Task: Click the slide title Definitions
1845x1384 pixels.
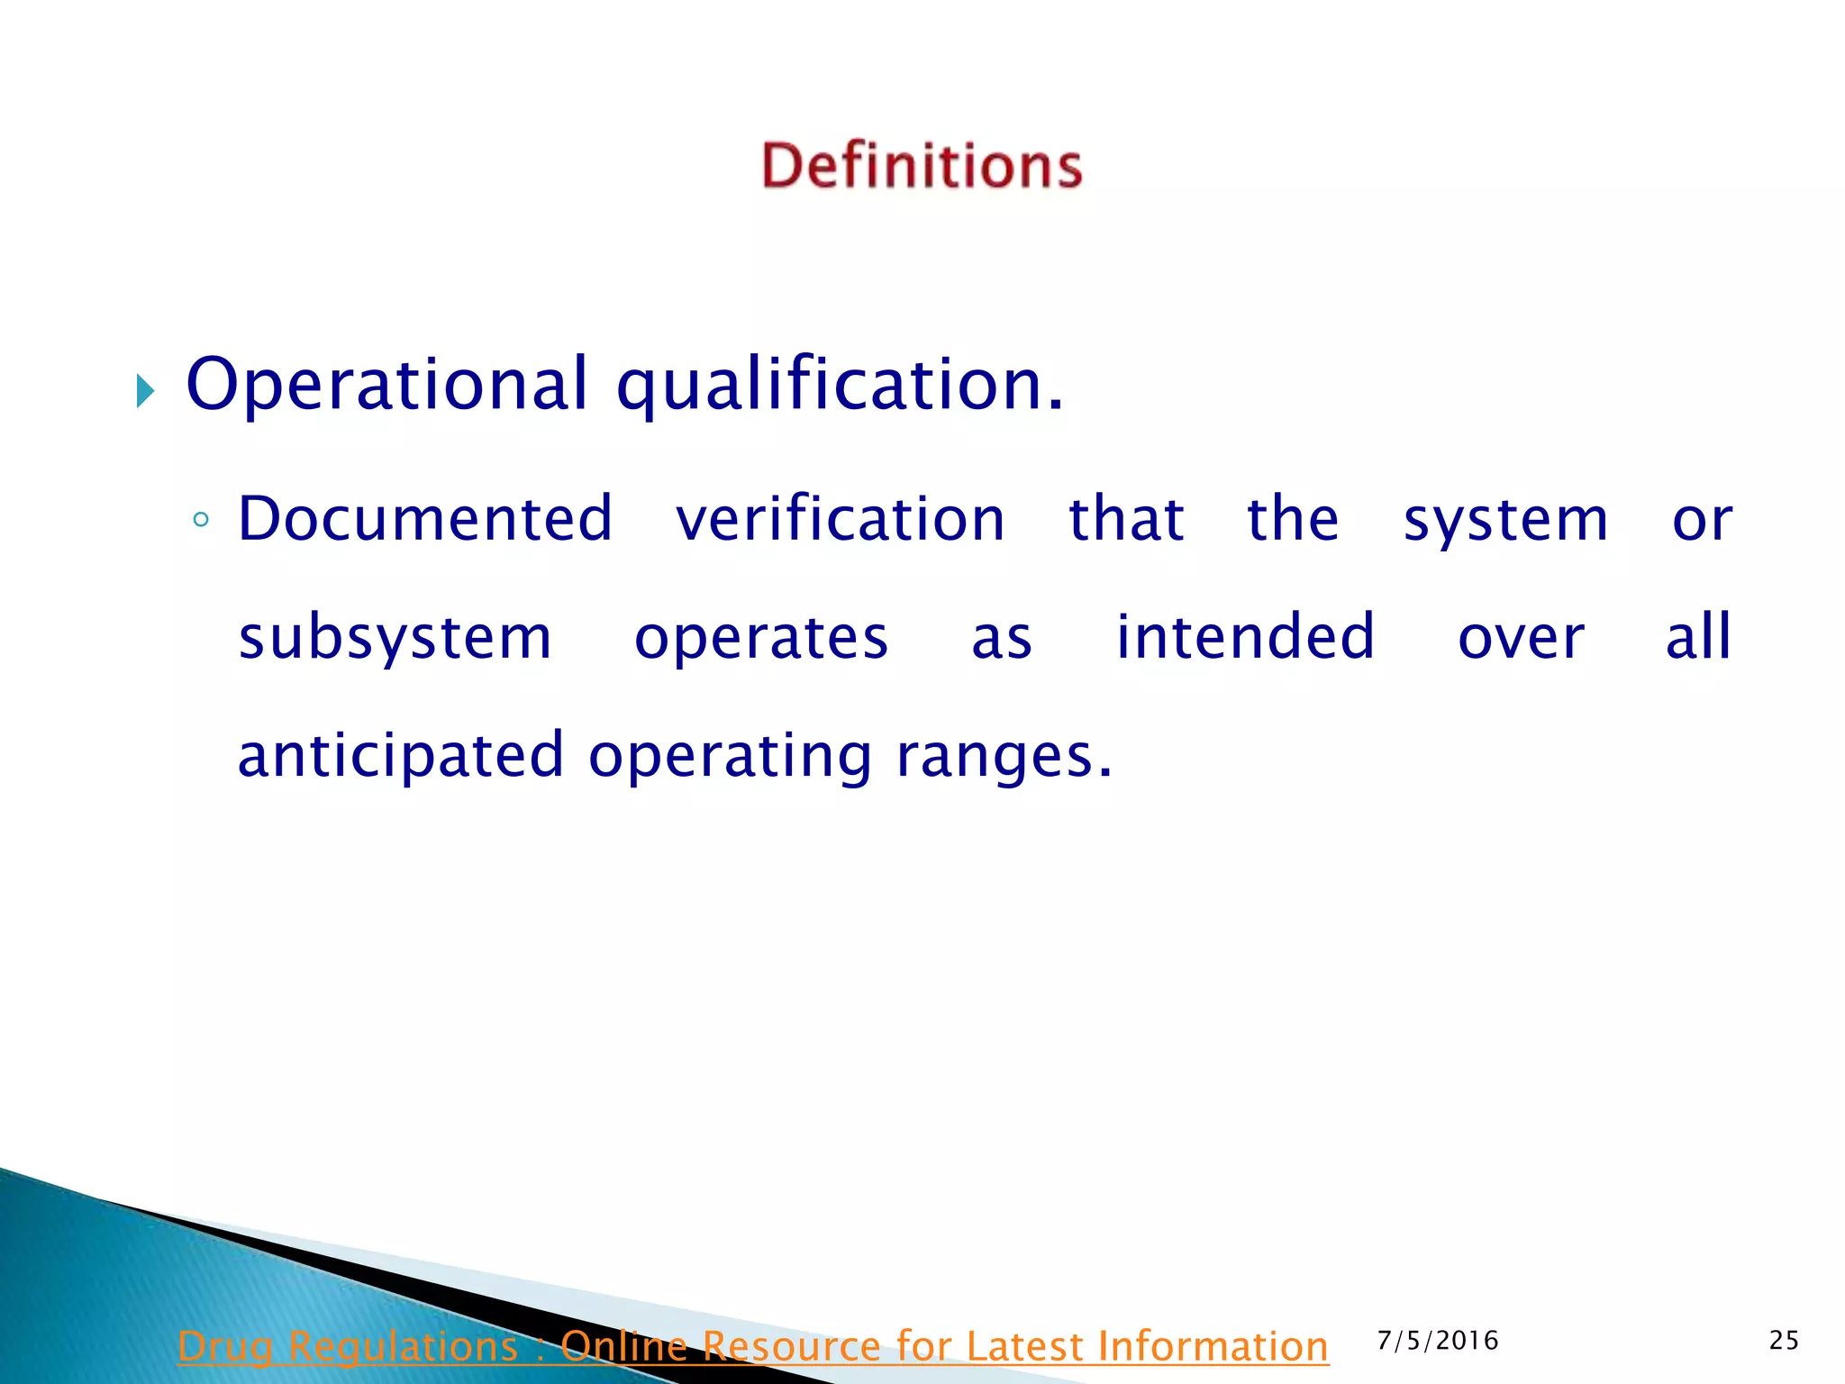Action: (922, 166)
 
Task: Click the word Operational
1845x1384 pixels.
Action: (387, 385)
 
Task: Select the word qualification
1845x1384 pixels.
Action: (840, 385)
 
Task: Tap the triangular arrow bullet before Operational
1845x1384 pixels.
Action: (146, 391)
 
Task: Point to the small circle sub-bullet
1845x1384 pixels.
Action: (201, 520)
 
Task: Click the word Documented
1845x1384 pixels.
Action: (425, 519)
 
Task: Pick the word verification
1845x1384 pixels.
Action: (841, 519)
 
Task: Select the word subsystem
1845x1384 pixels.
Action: (395, 638)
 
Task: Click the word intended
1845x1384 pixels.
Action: (1245, 636)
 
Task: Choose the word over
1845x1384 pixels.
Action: (1521, 638)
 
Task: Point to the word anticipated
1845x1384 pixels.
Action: (401, 756)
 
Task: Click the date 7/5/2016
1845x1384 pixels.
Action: (1438, 1341)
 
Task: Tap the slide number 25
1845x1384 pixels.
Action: (1784, 1341)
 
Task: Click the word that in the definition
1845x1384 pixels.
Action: (1126, 519)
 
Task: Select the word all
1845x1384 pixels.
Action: (1698, 636)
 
